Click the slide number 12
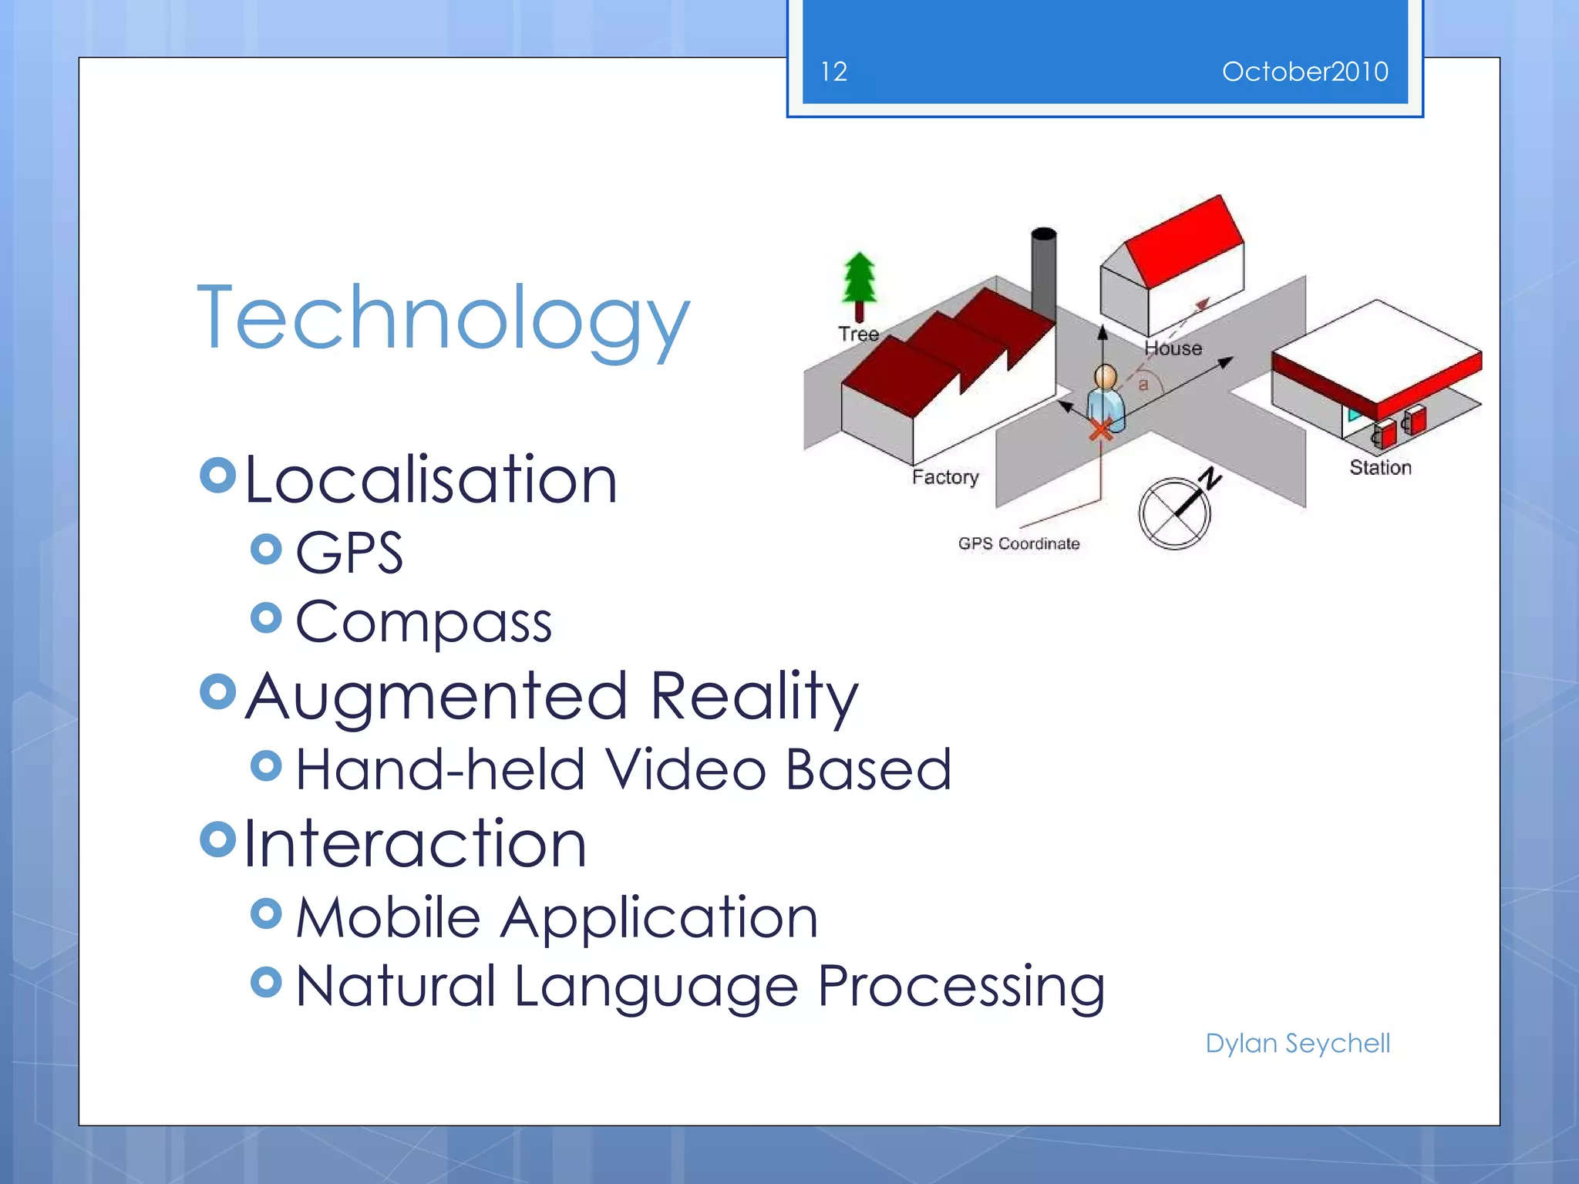[833, 72]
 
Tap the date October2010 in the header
[1305, 72]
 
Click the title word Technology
[443, 318]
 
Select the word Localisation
[431, 480]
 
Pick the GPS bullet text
[349, 552]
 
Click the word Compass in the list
[423, 621]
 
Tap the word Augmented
[436, 696]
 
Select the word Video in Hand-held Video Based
[685, 769]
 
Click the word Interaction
[415, 844]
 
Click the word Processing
[961, 986]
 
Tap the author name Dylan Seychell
[1298, 1043]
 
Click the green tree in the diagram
[859, 281]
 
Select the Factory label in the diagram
[945, 477]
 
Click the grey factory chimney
[1043, 270]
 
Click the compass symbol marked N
[1175, 513]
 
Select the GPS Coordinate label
[1018, 543]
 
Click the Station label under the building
[1380, 468]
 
